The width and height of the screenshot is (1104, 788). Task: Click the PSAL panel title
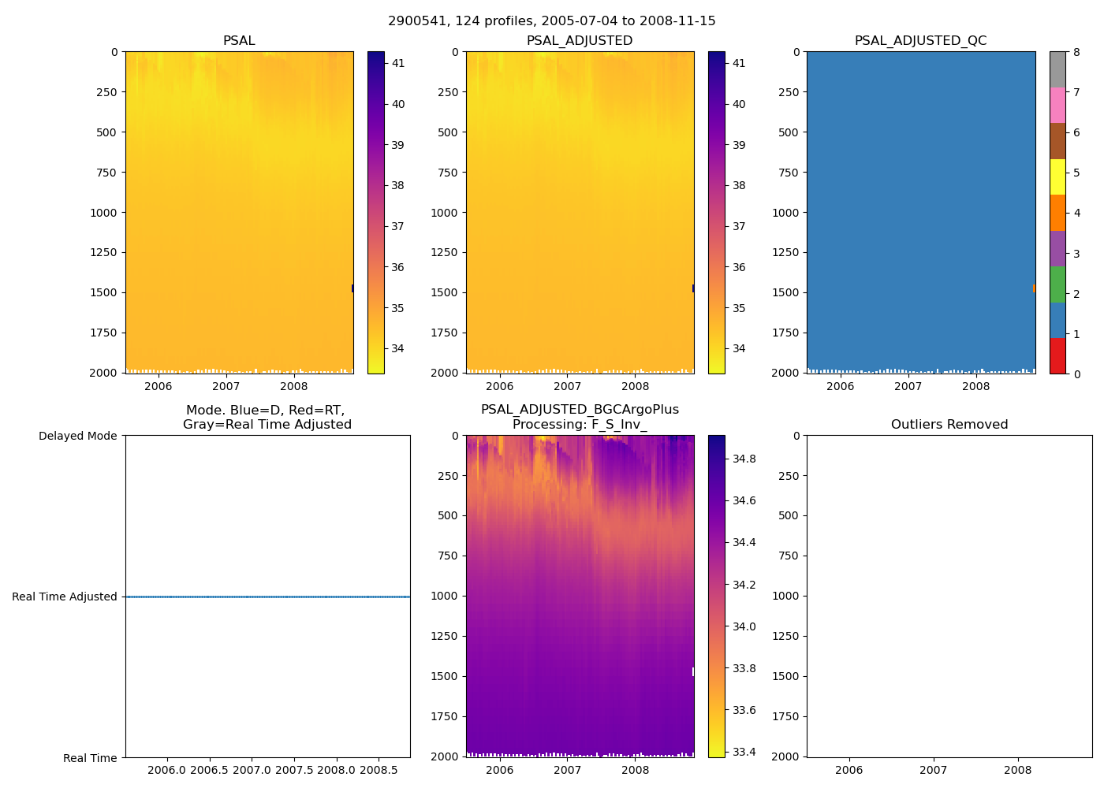coord(239,41)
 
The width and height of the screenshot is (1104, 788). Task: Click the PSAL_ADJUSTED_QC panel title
coord(920,41)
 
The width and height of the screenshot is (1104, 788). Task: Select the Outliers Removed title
coord(949,425)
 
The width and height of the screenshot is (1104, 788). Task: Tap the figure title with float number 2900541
coord(552,21)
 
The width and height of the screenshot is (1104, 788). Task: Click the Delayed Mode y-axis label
coord(77,436)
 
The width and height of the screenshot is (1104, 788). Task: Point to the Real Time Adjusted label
coord(65,597)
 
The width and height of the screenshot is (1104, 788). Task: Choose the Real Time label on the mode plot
coord(90,758)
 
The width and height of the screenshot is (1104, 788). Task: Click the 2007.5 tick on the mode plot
coord(294,770)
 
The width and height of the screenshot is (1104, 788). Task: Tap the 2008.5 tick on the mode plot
coord(379,770)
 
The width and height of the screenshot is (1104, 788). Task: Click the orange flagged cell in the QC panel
coord(1034,288)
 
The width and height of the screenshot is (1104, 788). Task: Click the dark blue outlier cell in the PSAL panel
coord(352,288)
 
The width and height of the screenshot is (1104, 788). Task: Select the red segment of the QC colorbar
coord(1057,356)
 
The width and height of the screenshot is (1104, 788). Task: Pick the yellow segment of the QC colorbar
coord(1057,177)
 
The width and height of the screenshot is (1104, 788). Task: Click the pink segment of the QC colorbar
coord(1057,105)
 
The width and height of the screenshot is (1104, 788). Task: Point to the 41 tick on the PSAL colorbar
coord(398,63)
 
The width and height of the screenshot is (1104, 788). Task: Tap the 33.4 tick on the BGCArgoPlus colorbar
coord(744,752)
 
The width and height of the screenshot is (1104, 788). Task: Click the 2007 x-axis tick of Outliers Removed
coord(934,770)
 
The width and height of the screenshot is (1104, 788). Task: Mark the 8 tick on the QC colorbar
coord(1076,52)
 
